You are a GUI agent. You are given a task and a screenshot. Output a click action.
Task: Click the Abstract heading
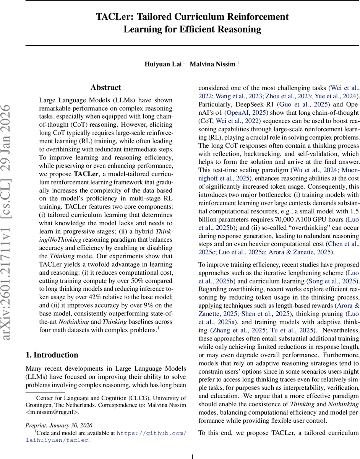[105, 88]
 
